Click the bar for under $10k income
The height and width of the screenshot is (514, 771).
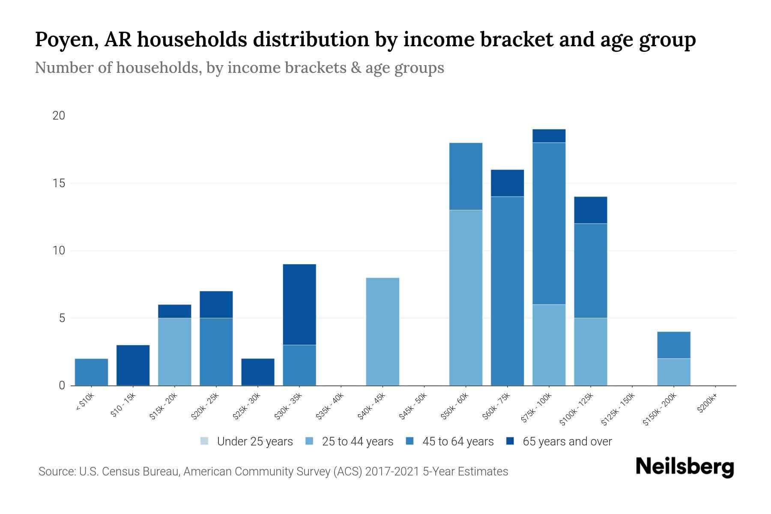point(91,372)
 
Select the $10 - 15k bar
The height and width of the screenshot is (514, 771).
point(133,365)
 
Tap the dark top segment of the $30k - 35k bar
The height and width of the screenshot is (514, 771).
point(299,304)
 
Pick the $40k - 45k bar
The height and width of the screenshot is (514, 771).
point(383,332)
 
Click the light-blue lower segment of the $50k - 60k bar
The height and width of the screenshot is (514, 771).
point(466,298)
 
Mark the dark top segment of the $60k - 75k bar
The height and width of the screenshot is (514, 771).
point(507,183)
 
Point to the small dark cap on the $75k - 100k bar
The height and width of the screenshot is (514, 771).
point(549,136)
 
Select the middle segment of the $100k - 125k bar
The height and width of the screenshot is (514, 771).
point(590,271)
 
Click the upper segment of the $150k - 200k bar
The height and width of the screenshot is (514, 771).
point(674,345)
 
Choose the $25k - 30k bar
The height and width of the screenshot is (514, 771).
point(258,372)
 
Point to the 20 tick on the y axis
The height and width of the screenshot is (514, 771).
point(59,116)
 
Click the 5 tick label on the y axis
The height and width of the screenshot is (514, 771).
point(62,318)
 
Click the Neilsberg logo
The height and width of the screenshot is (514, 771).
point(684,467)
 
